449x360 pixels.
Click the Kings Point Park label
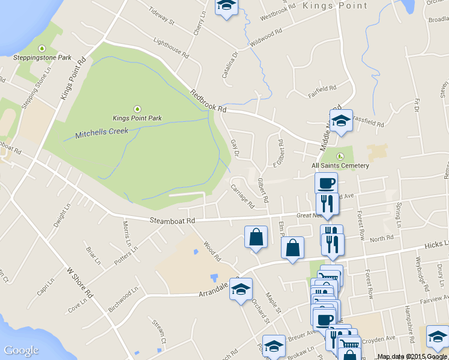click(x=137, y=118)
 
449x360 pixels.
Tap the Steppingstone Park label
click(x=42, y=58)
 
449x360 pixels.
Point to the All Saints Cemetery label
click(x=340, y=165)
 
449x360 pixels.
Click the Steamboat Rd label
click(x=173, y=221)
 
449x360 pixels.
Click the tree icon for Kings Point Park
click(x=137, y=108)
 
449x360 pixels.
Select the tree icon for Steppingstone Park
click(x=42, y=49)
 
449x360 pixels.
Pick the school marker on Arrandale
click(x=241, y=290)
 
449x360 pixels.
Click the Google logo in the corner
click(x=21, y=350)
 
